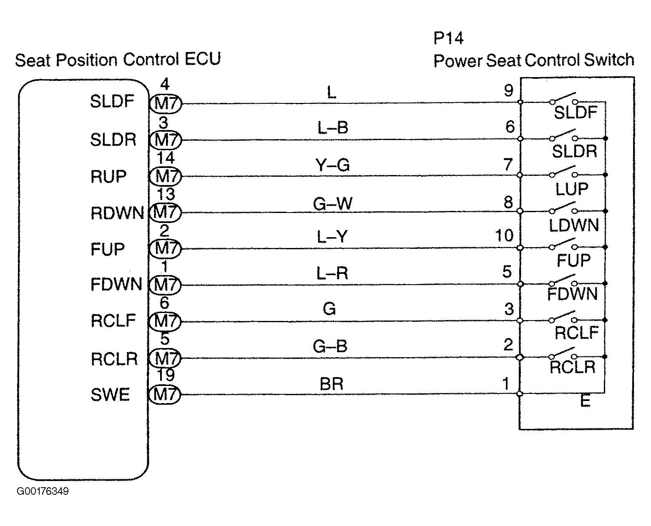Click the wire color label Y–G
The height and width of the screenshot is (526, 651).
332,165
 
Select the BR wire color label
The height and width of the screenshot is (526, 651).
332,384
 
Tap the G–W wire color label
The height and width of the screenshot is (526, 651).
333,203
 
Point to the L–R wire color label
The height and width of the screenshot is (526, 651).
332,273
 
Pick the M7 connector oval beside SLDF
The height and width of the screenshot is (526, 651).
165,104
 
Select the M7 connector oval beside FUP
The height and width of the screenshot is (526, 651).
165,248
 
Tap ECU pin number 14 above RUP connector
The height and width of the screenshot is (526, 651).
166,158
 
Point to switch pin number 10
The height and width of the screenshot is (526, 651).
504,235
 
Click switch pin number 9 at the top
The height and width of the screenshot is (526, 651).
508,90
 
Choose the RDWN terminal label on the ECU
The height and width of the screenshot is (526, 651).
117,213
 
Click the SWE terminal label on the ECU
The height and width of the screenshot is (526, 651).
110,394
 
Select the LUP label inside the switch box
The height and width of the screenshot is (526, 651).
572,189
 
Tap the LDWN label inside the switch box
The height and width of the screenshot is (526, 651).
574,225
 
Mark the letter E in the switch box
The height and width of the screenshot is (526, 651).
585,401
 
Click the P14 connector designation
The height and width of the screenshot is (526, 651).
448,38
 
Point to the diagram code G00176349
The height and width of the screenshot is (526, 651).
43,491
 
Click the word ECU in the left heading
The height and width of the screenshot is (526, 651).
203,59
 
